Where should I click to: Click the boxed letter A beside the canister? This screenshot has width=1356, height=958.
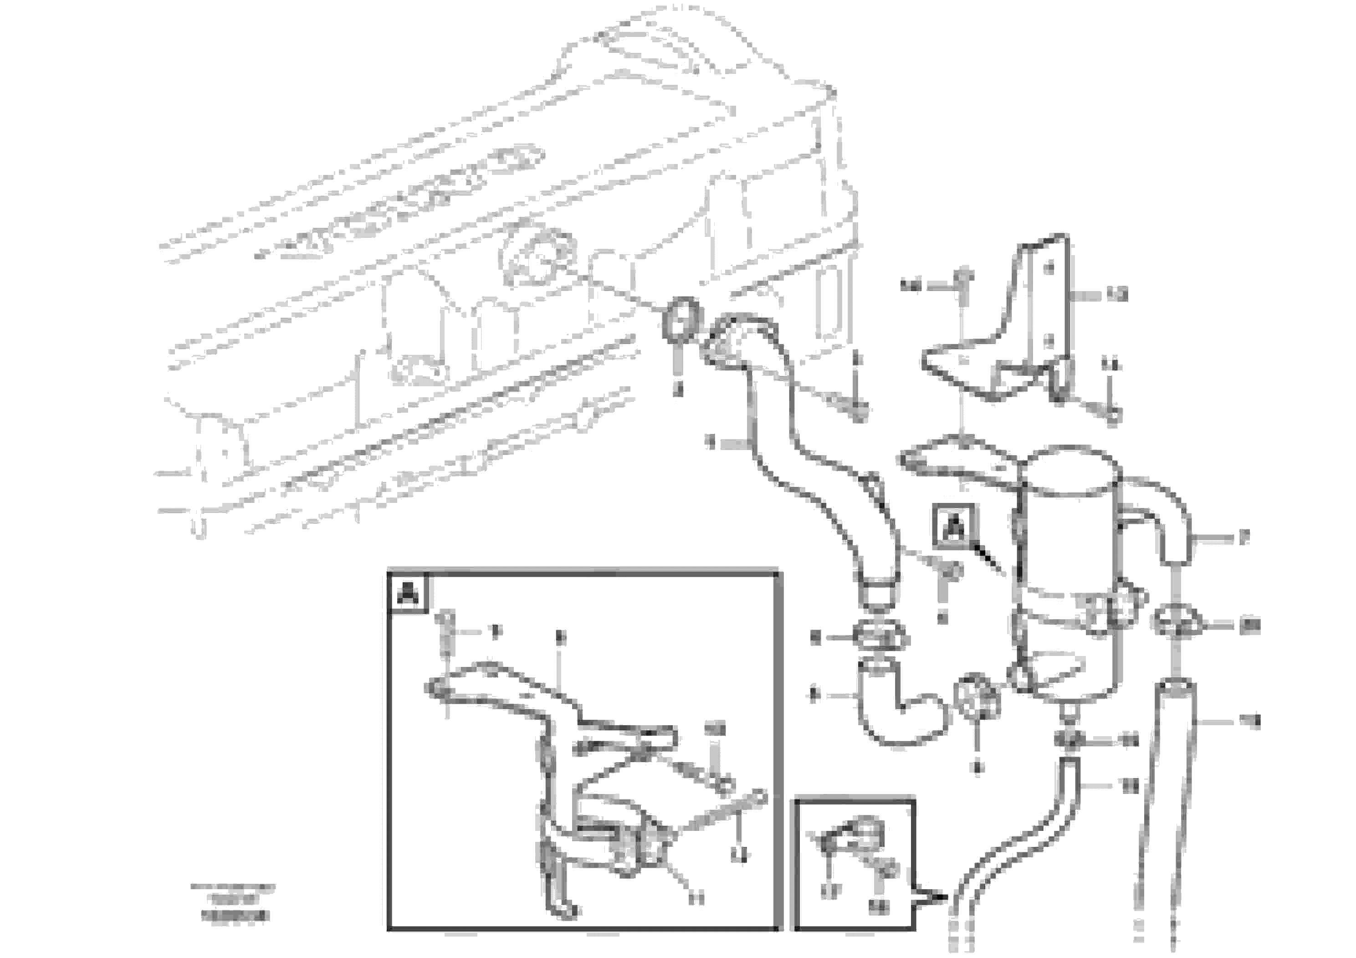pyautogui.click(x=954, y=526)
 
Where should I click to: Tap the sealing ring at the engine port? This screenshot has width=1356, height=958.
pyautogui.click(x=681, y=319)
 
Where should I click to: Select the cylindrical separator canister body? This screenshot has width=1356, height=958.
pyautogui.click(x=1069, y=567)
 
